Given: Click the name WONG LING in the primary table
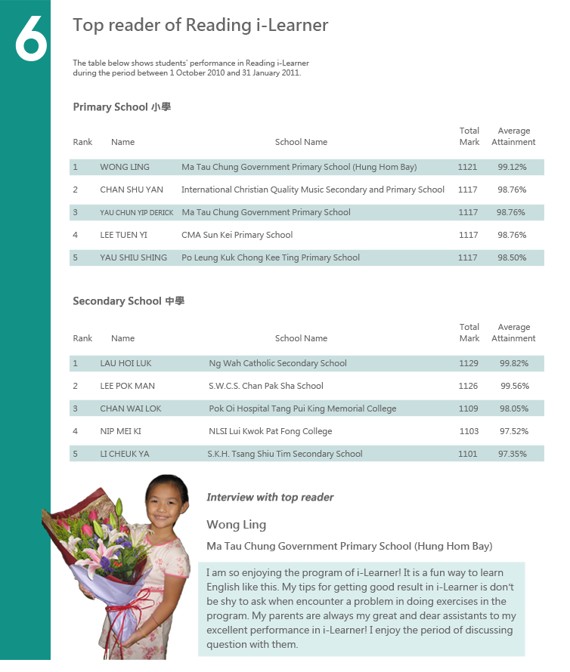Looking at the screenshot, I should point(125,167).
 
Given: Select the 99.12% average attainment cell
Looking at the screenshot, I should point(512,167).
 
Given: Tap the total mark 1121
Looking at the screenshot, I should point(467,167).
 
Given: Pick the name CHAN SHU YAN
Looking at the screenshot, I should point(132,190).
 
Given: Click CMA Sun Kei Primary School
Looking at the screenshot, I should point(237,235).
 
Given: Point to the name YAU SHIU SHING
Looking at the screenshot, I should point(133,257).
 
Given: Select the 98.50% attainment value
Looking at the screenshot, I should point(512,257).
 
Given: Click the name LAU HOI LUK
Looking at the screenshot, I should point(125,363).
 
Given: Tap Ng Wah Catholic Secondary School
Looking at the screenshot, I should point(277,363).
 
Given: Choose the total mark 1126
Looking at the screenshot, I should point(468,386).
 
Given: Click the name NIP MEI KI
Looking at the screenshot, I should point(120,431).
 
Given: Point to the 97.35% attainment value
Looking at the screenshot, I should point(513,454).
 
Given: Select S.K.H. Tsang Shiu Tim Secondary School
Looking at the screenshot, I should point(284,454).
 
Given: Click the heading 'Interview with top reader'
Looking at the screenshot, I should point(270,497).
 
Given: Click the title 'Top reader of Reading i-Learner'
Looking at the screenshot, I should point(200,25).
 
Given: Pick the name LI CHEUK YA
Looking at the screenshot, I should point(125,454).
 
